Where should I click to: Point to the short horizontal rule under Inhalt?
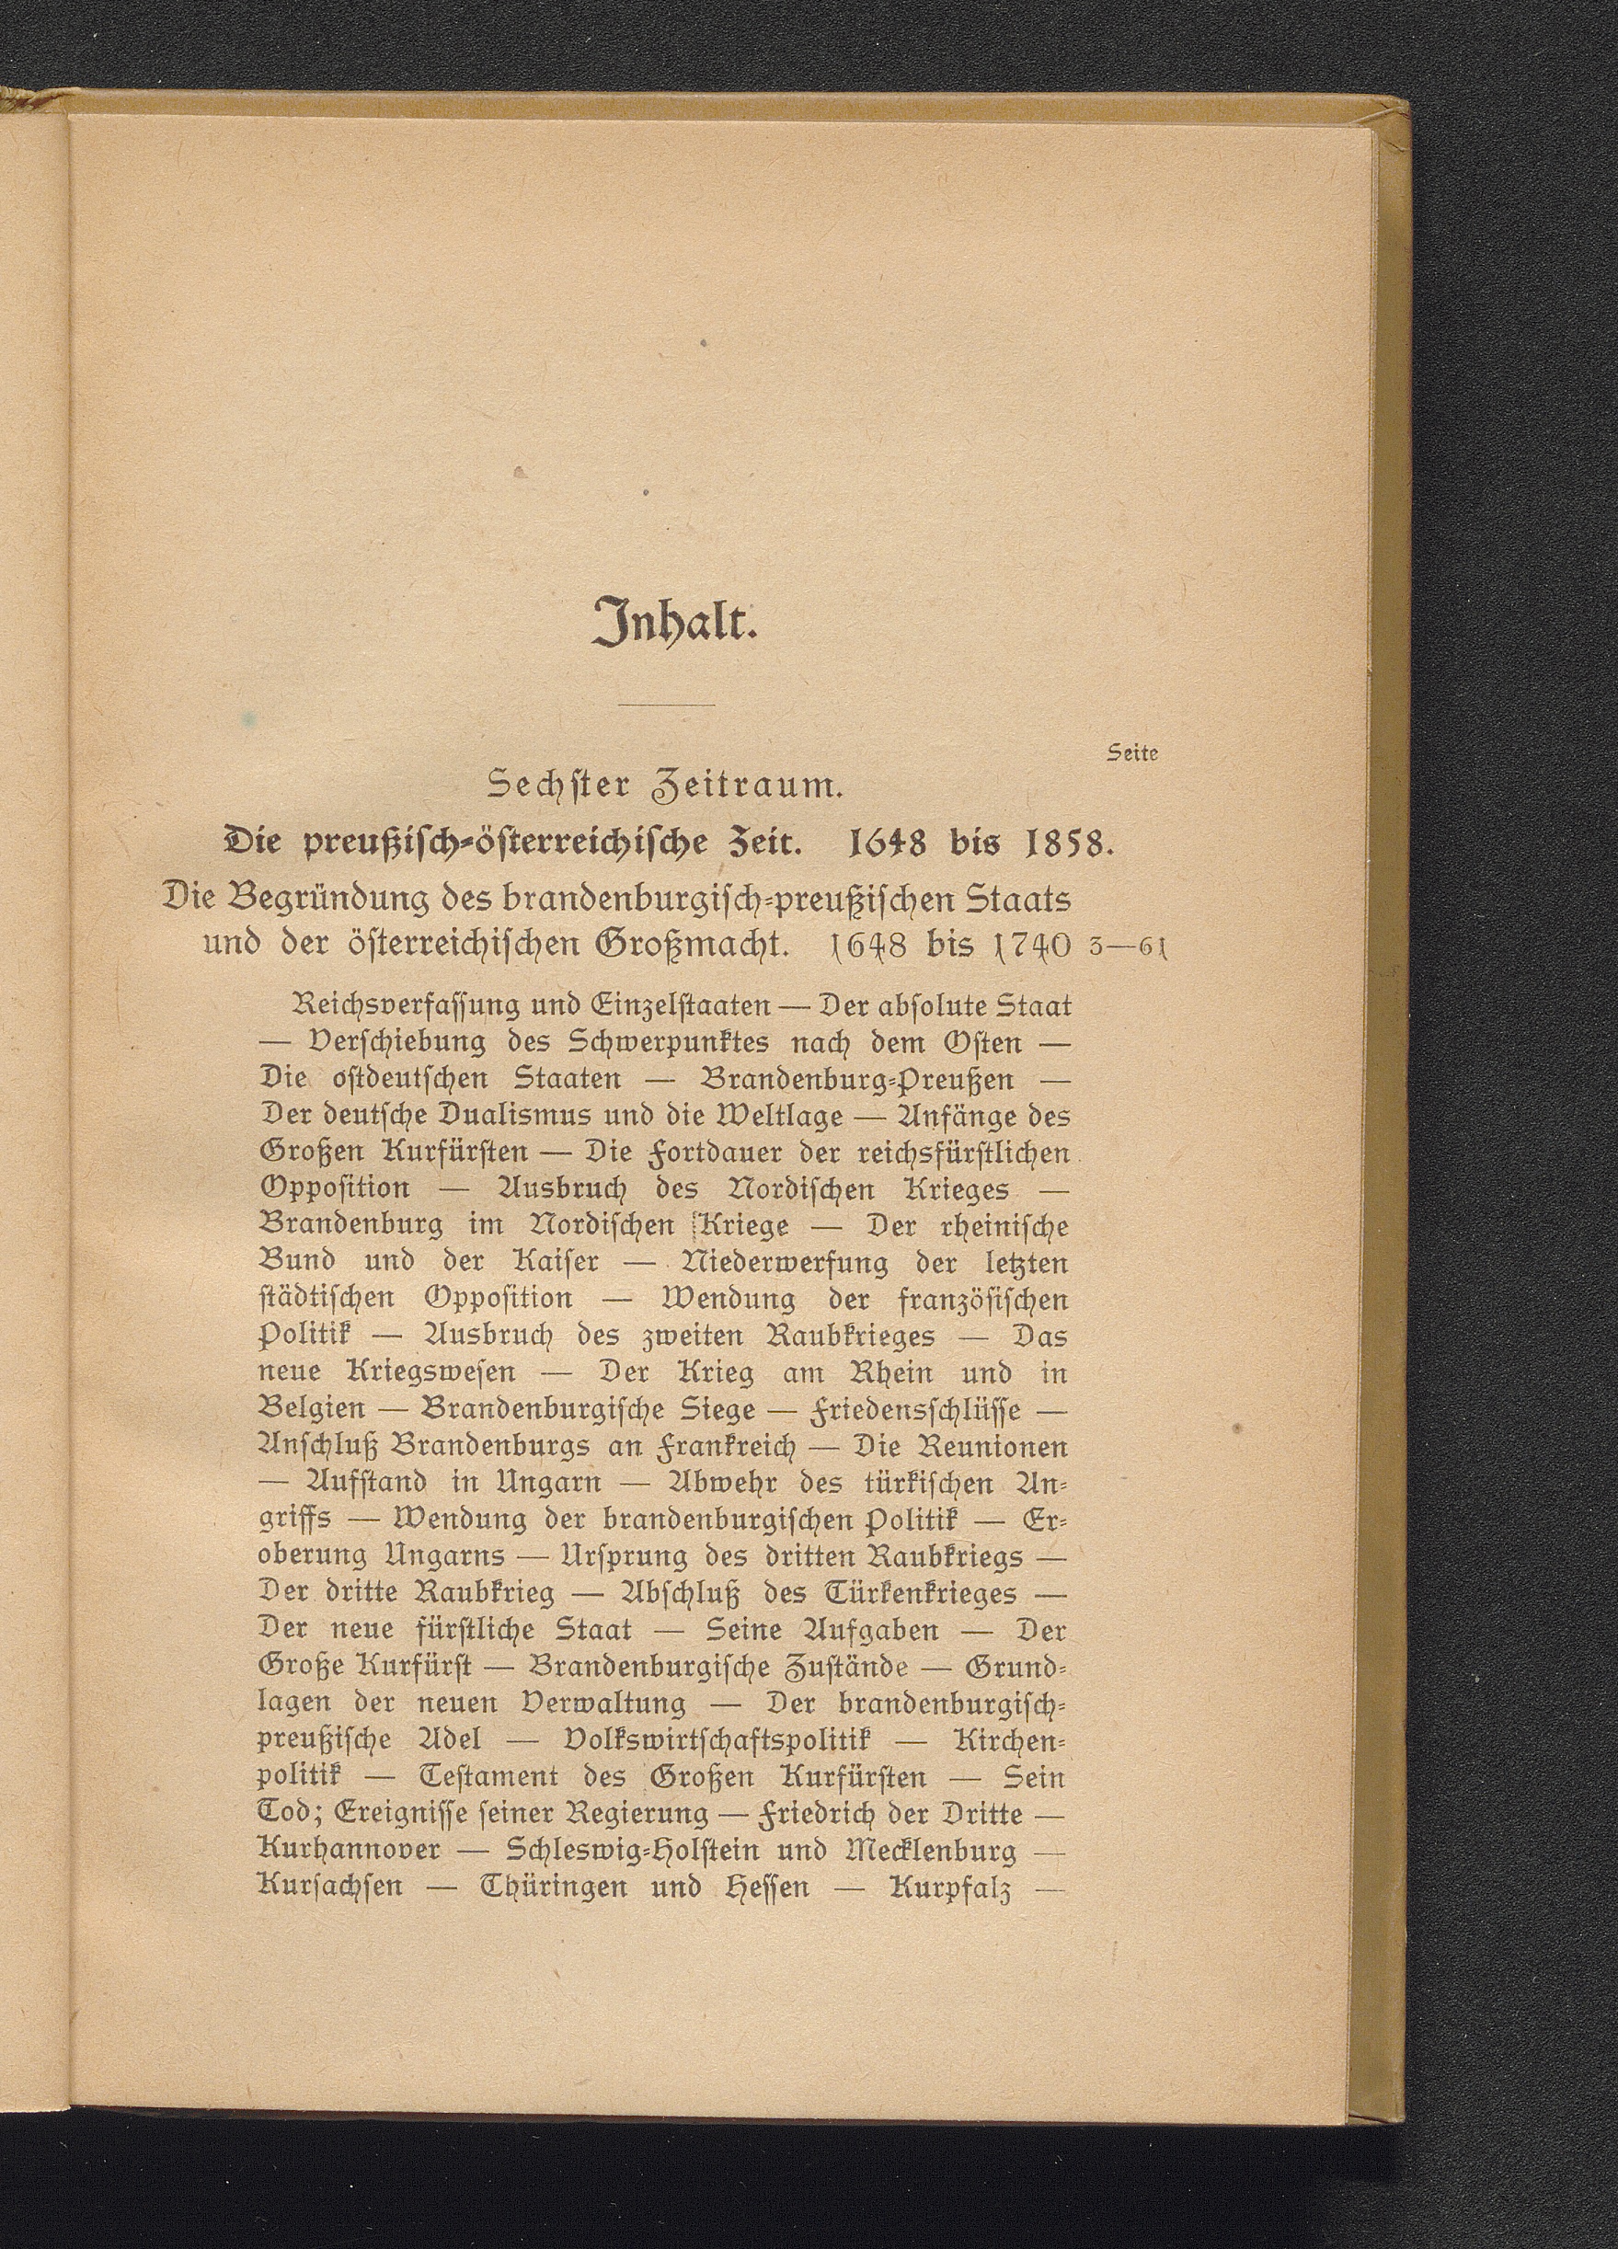[x=665, y=705]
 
